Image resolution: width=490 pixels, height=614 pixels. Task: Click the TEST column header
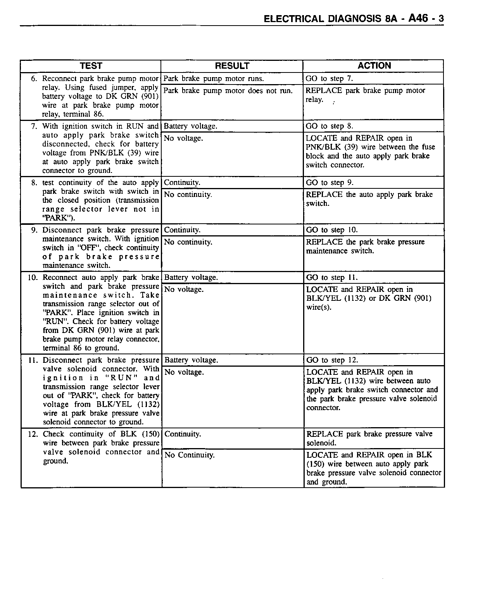(91, 66)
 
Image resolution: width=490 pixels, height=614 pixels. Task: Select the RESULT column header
(232, 66)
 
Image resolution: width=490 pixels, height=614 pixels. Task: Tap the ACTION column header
(374, 66)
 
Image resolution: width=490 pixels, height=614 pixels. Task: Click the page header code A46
(418, 18)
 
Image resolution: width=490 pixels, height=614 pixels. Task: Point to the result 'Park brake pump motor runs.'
(214, 79)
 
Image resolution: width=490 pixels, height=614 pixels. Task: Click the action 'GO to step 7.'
(329, 79)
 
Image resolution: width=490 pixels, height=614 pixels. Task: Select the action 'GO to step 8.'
(329, 126)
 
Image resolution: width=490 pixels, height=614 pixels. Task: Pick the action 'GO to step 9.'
(330, 183)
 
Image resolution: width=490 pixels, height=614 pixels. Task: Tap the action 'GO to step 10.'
(332, 230)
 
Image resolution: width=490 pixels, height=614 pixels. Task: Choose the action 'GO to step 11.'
(332, 278)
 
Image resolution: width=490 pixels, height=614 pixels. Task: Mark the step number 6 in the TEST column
(34, 79)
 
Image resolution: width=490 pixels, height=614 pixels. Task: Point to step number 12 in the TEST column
(33, 434)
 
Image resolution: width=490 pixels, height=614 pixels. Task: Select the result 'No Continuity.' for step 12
(189, 455)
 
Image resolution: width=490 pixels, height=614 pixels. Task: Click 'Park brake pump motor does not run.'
(228, 91)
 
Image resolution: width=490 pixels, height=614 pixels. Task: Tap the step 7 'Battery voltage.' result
(190, 126)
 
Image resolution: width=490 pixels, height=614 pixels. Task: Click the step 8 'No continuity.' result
(188, 195)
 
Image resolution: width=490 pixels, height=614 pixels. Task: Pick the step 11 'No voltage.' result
(184, 372)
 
